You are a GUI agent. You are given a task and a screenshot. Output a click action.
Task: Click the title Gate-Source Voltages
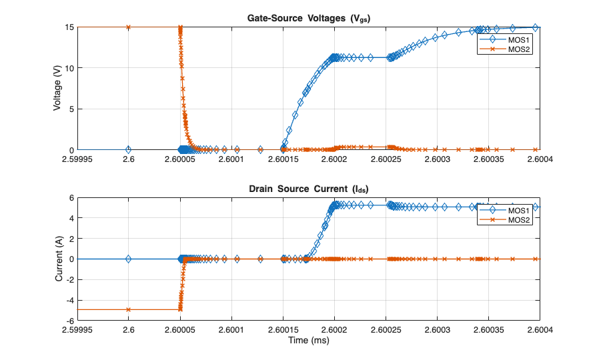pyautogui.click(x=309, y=19)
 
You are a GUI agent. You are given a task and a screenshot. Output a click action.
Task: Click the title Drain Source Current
pyautogui.click(x=309, y=190)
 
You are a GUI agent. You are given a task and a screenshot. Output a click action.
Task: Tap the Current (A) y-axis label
pyautogui.click(x=59, y=259)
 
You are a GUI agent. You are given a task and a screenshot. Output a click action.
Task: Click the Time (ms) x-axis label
pyautogui.click(x=309, y=340)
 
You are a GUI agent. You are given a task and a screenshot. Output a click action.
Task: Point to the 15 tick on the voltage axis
pyautogui.click(x=69, y=27)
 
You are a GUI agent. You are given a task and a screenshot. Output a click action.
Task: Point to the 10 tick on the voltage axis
pyautogui.click(x=69, y=68)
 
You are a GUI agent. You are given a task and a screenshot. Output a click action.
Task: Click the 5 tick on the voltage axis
pyautogui.click(x=71, y=109)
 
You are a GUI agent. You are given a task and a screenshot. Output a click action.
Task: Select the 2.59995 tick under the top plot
pyautogui.click(x=77, y=159)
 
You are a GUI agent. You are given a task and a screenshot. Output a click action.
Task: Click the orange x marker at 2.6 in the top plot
pyautogui.click(x=129, y=27)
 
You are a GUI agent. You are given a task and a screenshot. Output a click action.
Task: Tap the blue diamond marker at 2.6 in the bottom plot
pyautogui.click(x=129, y=259)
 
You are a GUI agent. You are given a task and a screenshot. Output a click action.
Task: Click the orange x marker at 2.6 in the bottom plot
pyautogui.click(x=129, y=309)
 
